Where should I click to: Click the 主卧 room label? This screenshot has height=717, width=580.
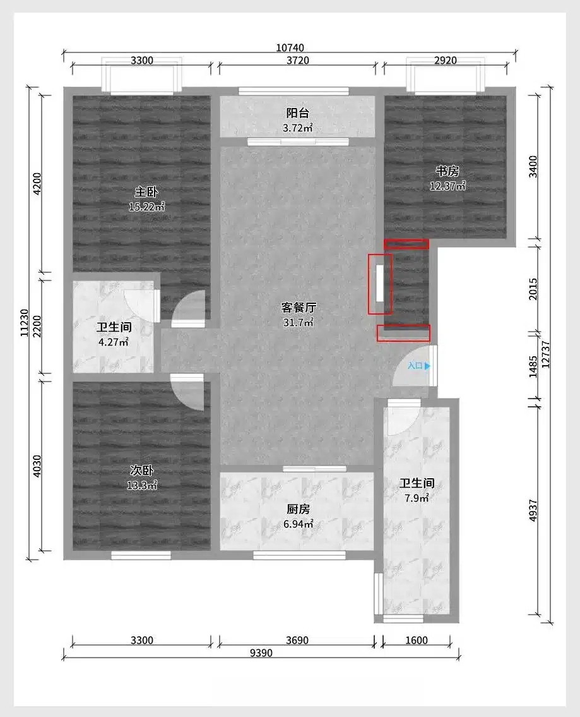(x=146, y=191)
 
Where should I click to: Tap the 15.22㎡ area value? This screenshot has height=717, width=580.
(x=146, y=207)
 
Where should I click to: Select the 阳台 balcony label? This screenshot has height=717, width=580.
(x=298, y=113)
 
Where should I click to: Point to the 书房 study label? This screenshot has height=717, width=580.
(x=447, y=171)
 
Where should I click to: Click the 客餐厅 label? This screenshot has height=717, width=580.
(x=299, y=307)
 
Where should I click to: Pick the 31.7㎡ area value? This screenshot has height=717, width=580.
(x=299, y=322)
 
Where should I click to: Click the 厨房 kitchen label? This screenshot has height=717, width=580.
(x=299, y=509)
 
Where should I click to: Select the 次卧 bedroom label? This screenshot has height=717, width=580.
(x=142, y=470)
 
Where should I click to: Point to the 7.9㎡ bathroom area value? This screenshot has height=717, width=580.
(x=417, y=498)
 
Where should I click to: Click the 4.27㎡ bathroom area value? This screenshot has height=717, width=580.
(x=113, y=342)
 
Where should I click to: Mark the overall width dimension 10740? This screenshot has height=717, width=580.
(x=290, y=47)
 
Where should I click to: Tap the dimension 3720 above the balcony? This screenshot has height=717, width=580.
(x=298, y=61)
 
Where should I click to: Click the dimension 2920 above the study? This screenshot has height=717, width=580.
(x=446, y=61)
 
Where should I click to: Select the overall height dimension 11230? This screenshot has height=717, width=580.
(x=25, y=323)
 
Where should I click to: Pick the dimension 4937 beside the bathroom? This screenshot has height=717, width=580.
(x=533, y=511)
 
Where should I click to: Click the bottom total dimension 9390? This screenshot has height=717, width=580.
(x=261, y=653)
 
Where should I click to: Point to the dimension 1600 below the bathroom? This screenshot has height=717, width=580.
(x=417, y=640)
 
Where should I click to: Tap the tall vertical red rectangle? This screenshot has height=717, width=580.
(x=380, y=284)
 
